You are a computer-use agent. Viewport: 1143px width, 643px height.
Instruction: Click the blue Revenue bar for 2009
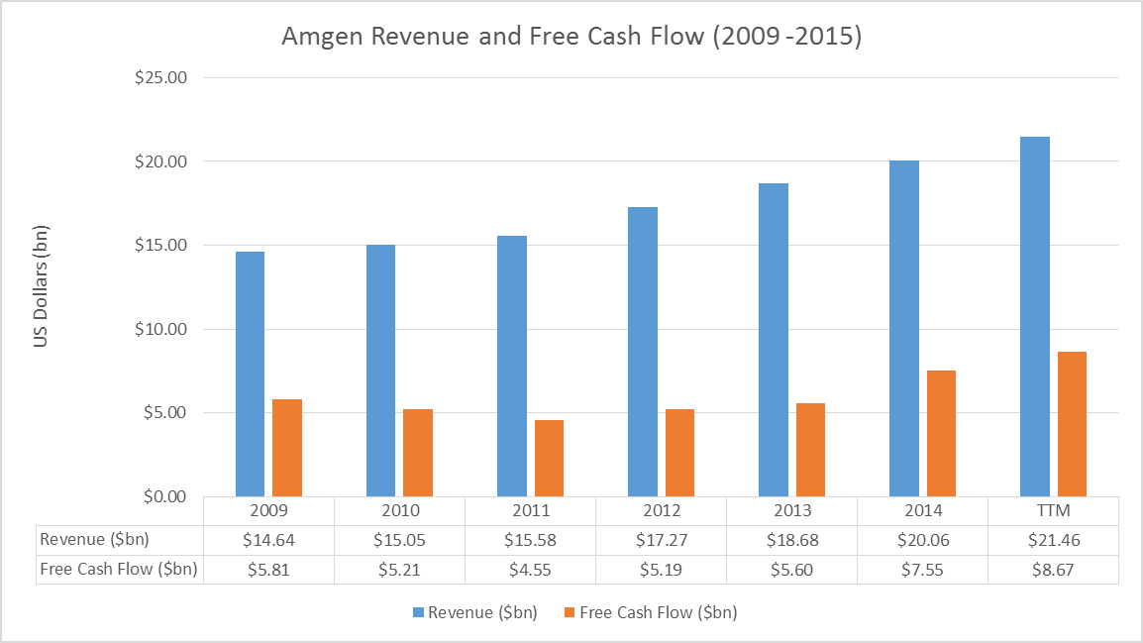tap(250, 374)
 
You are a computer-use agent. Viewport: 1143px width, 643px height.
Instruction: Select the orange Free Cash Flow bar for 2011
tap(549, 458)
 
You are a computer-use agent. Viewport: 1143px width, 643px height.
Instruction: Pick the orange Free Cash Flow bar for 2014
tap(941, 433)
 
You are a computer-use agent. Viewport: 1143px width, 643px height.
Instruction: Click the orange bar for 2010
tap(418, 453)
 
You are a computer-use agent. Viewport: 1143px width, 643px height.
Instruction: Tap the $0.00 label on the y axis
tap(164, 496)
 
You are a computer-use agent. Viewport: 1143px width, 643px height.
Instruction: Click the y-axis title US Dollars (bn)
tap(42, 287)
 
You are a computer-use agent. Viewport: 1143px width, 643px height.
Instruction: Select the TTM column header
tap(1053, 511)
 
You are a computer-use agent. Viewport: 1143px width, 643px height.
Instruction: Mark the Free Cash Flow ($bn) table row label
tap(118, 570)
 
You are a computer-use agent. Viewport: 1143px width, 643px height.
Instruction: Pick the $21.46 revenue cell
tap(1053, 540)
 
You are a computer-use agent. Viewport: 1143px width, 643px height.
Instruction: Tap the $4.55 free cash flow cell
tap(530, 570)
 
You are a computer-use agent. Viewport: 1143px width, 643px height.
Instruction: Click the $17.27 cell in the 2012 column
tap(661, 540)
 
